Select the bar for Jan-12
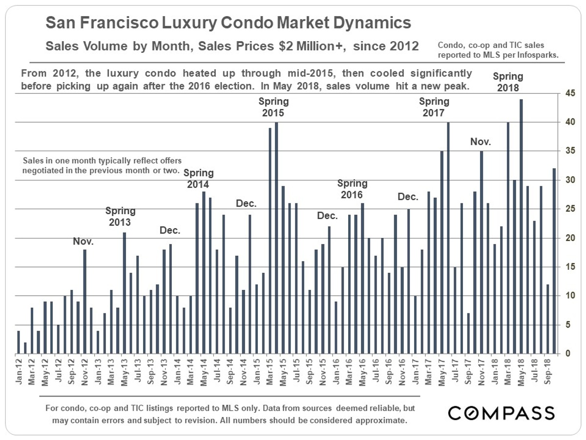19,342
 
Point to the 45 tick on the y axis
568,93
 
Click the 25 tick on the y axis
568,209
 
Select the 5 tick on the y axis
568,325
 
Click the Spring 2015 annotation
273,107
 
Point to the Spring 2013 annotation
121,216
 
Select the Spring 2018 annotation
508,82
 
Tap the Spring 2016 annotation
352,189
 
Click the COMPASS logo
502,413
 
